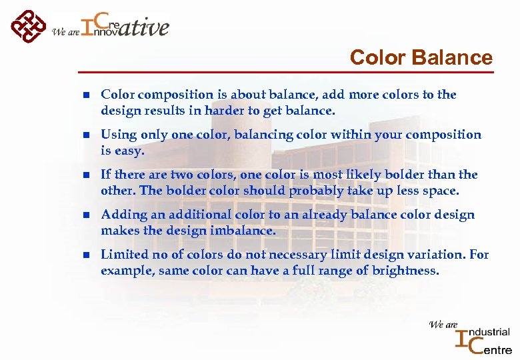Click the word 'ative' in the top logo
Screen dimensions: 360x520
pyautogui.click(x=145, y=27)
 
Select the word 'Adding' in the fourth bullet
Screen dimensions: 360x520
pyautogui.click(x=121, y=215)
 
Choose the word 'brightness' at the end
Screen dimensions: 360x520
pyautogui.click(x=407, y=270)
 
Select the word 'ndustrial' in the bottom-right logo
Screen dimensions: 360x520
pyautogui.click(x=491, y=332)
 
